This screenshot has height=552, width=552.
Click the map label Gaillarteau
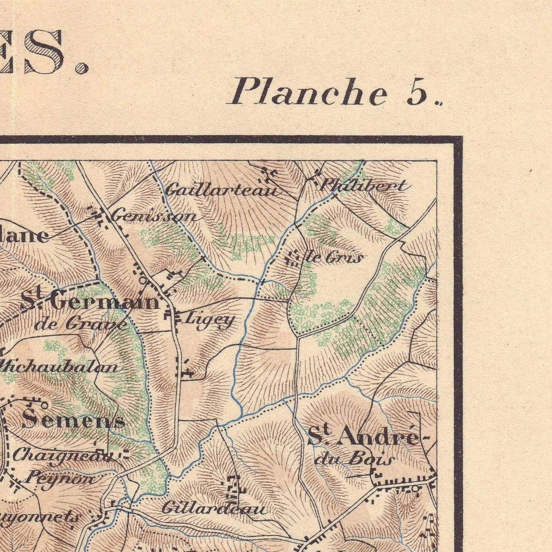(x=221, y=190)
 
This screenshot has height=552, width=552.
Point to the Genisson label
(x=154, y=217)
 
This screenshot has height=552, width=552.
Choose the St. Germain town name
(x=90, y=301)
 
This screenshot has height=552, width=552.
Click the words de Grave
(x=80, y=324)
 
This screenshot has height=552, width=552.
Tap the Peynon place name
(x=61, y=478)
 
